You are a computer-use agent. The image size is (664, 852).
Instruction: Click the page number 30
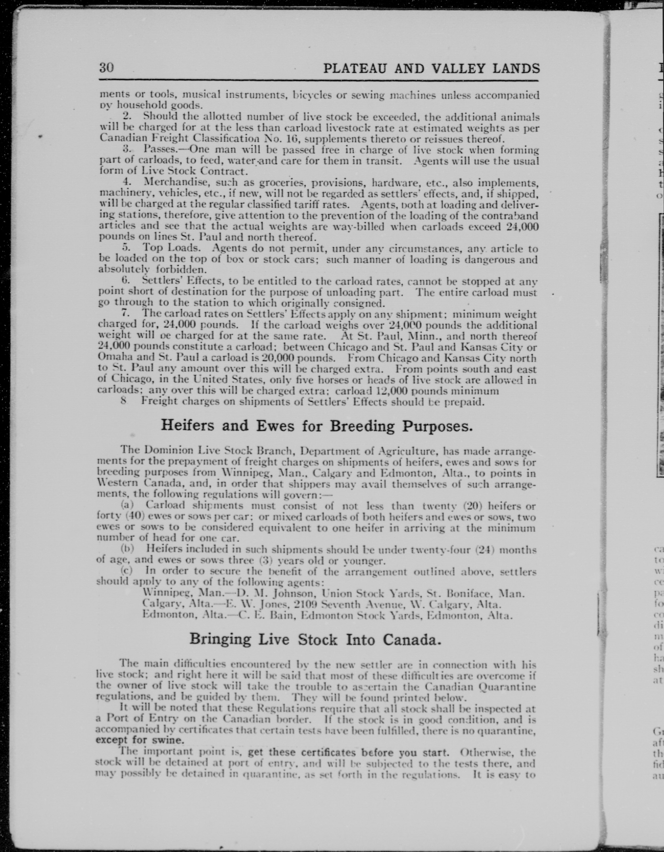tap(106, 68)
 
